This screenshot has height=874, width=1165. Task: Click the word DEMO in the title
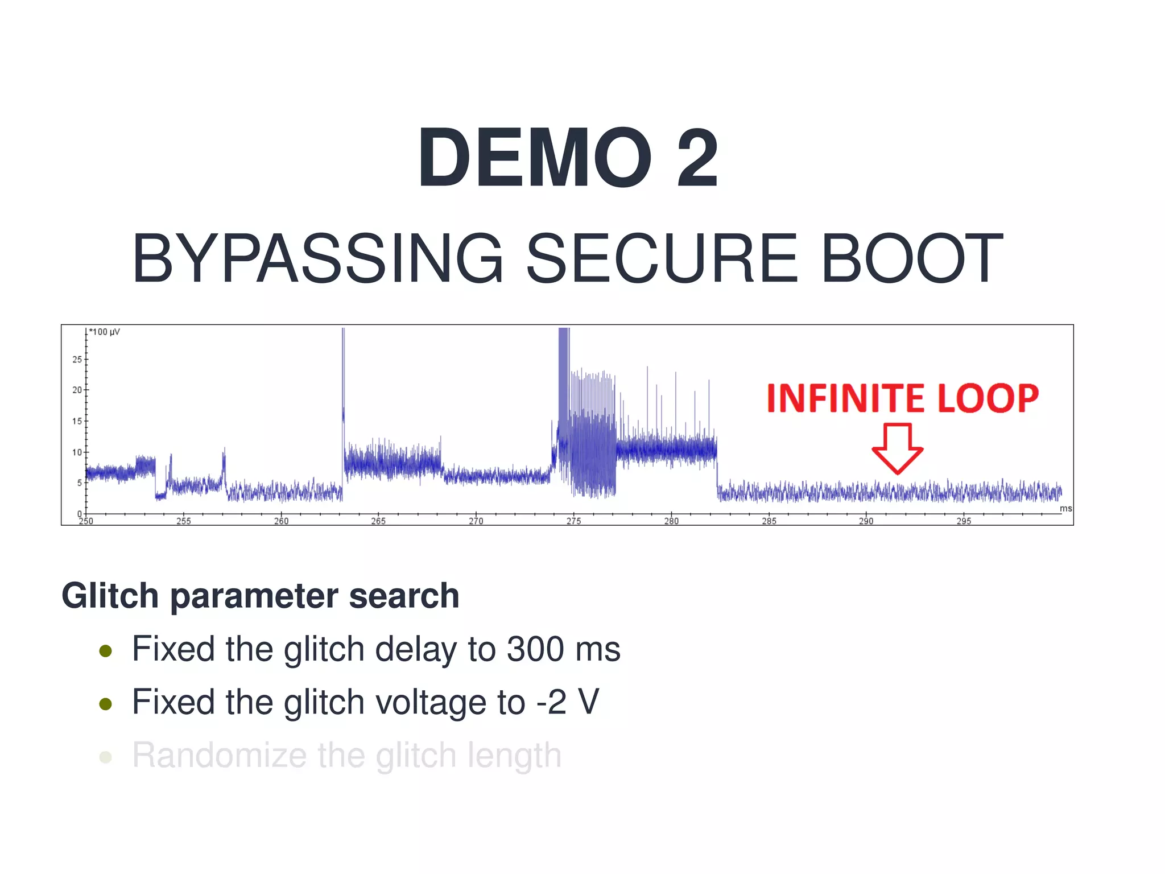point(535,158)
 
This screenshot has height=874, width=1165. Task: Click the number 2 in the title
point(697,158)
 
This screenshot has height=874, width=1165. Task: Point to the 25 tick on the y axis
point(77,360)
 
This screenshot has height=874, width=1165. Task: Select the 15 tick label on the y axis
point(77,422)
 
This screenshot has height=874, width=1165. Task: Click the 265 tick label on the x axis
point(378,521)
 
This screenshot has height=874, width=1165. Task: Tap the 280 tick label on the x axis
point(671,521)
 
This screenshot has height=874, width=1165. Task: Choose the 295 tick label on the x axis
point(964,521)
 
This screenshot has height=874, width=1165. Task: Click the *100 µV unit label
point(105,332)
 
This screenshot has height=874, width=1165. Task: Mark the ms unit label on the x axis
point(1065,509)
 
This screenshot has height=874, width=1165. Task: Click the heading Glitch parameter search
point(260,596)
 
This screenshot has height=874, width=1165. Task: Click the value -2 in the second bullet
point(551,702)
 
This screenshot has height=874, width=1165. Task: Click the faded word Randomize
point(219,755)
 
